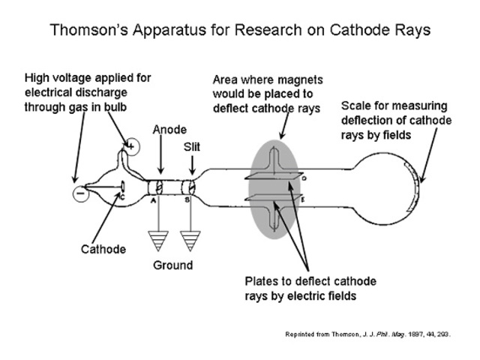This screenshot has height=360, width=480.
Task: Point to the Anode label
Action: point(170,130)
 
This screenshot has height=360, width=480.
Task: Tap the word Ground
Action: point(172,265)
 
